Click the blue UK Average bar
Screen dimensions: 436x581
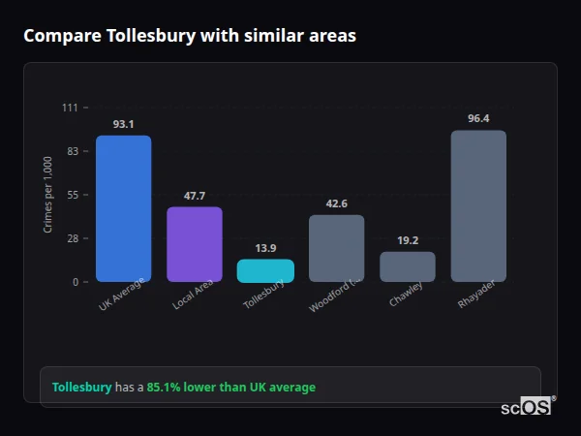(x=123, y=208)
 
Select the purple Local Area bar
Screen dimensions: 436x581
(x=195, y=244)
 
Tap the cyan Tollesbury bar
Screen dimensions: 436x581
(x=265, y=270)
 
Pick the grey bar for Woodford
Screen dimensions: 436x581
(x=336, y=248)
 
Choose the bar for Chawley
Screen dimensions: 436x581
(x=408, y=266)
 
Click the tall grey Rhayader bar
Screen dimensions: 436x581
(x=478, y=206)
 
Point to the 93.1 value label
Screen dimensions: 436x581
(x=123, y=124)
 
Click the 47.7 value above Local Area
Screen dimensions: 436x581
(x=195, y=196)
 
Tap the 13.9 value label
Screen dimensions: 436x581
(x=265, y=248)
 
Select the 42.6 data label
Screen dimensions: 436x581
(x=336, y=203)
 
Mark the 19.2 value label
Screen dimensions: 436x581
(x=408, y=240)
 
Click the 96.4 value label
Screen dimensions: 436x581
(x=478, y=118)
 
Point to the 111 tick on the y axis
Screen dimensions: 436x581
(x=70, y=108)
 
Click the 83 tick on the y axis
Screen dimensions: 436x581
(x=72, y=151)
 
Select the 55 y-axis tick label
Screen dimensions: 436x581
(x=72, y=195)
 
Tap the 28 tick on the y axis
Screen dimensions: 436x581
(x=72, y=238)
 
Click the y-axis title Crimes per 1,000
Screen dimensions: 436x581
(x=48, y=194)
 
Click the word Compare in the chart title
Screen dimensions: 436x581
(x=60, y=36)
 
